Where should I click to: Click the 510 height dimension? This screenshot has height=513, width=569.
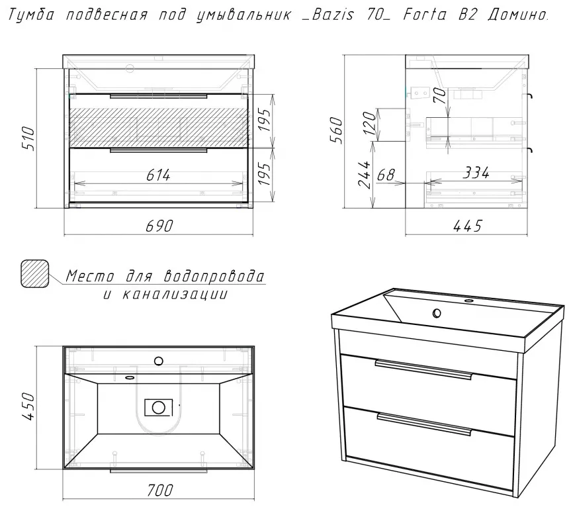tap(28, 139)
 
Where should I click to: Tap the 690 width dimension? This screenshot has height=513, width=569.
tap(159, 226)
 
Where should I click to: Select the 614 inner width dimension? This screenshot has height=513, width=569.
tap(158, 175)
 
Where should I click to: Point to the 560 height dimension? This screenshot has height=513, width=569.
tap(336, 130)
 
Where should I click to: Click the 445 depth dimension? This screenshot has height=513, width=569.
tap(467, 226)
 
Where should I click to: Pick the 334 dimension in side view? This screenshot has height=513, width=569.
tap(476, 173)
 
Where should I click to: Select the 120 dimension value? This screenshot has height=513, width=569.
tap(369, 123)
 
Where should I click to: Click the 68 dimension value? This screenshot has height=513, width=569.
tap(385, 175)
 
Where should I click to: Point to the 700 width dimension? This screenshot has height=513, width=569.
tap(159, 490)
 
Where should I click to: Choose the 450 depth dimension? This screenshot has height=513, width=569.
tap(28, 406)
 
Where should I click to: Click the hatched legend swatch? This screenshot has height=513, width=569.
tap(35, 274)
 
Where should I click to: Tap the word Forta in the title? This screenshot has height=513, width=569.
tap(425, 15)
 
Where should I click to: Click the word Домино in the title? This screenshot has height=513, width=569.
tap(518, 15)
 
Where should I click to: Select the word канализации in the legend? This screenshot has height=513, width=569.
tap(174, 294)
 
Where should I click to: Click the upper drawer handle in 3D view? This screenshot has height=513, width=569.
tap(423, 369)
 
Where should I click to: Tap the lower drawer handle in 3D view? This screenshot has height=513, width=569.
tap(424, 424)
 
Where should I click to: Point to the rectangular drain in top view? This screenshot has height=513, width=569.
tap(159, 407)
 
